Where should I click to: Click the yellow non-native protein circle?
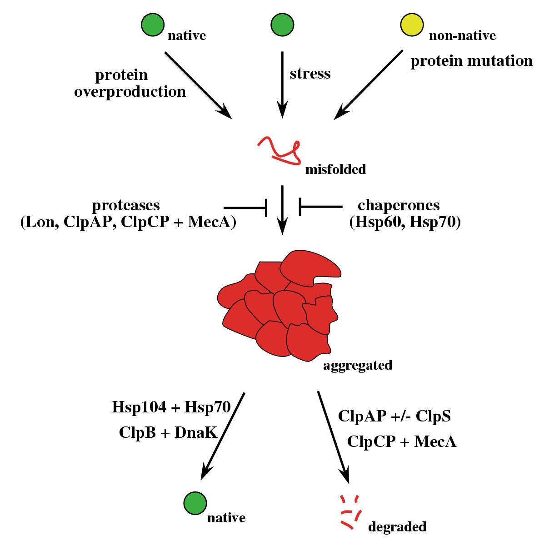(412, 24)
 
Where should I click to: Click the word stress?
(310, 74)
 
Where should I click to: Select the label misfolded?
(335, 169)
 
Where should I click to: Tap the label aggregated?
(357, 365)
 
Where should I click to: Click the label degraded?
(397, 526)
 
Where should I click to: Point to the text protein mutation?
(471, 61)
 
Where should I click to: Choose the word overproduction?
(130, 92)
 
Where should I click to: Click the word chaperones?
(399, 205)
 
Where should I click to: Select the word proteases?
(126, 206)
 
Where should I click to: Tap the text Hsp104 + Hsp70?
(172, 407)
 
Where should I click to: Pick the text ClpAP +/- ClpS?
(394, 416)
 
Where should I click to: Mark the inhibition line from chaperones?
(320, 207)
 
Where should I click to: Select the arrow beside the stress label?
(282, 84)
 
